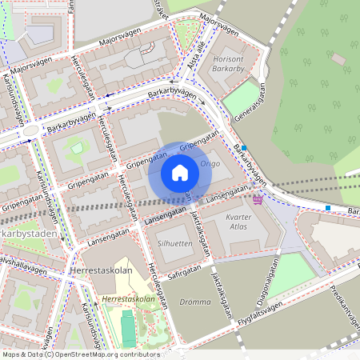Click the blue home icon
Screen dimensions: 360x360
click(x=180, y=172)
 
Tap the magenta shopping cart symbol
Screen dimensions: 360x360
click(x=258, y=199)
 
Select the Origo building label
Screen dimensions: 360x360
click(x=210, y=163)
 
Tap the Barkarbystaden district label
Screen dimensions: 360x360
click(x=22, y=232)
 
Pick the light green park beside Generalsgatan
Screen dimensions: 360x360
click(x=240, y=98)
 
